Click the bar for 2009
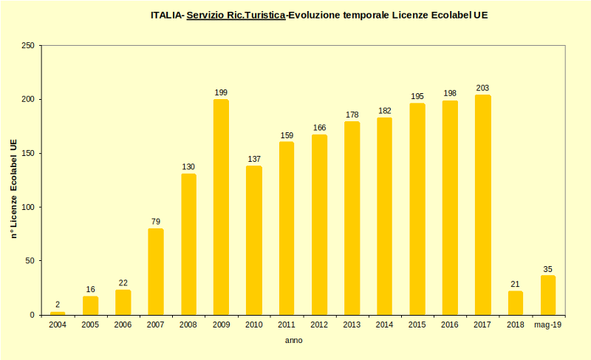pyautogui.click(x=221, y=207)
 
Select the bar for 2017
pyautogui.click(x=482, y=205)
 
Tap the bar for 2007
pyautogui.click(x=155, y=271)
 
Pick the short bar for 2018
pyautogui.click(x=515, y=303)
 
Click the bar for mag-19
pyautogui.click(x=547, y=295)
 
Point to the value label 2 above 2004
pyautogui.click(x=58, y=305)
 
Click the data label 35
pyautogui.click(x=547, y=269)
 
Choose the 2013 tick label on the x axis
pyautogui.click(x=352, y=325)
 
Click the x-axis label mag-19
pyautogui.click(x=547, y=325)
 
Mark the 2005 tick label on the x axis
pyautogui.click(x=90, y=325)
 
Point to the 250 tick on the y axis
pyautogui.click(x=27, y=46)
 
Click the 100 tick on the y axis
pyautogui.click(x=27, y=207)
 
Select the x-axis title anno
pyautogui.click(x=294, y=341)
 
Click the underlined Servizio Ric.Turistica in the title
pyautogui.click(x=236, y=15)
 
